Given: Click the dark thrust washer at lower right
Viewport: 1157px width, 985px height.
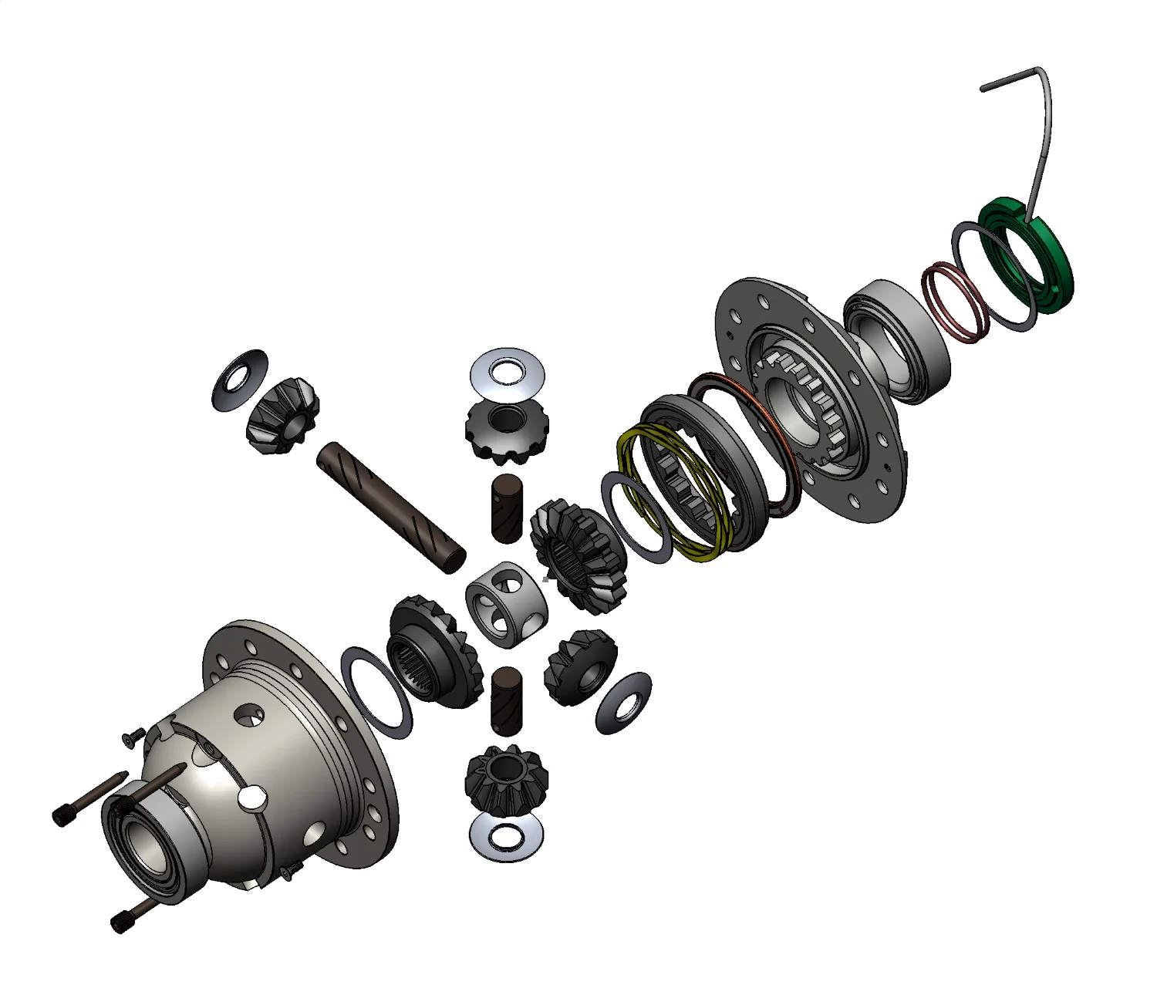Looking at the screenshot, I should click(623, 703).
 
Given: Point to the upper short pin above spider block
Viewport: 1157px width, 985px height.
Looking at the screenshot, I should click(507, 508).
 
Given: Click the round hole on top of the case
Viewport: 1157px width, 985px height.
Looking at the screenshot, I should click(250, 715).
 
